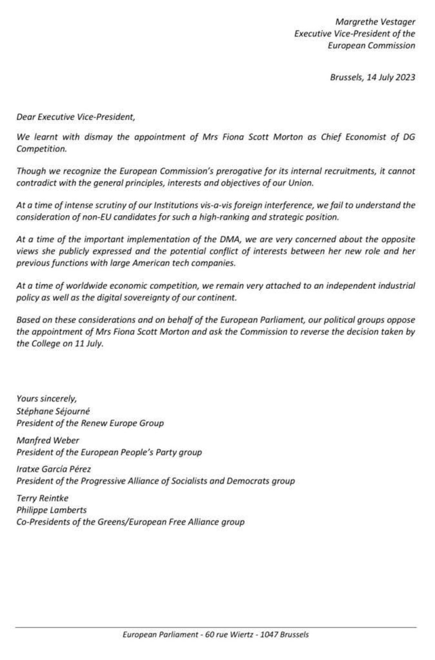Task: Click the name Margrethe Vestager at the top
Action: click(x=375, y=22)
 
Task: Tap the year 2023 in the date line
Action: click(x=405, y=77)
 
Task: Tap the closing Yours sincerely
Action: click(x=46, y=398)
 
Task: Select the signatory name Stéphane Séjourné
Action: click(x=53, y=411)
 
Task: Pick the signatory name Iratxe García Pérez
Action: click(x=53, y=469)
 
